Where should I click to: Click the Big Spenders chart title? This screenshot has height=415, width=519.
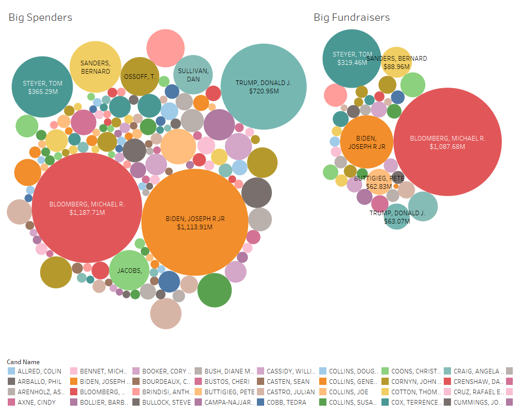pos(40,18)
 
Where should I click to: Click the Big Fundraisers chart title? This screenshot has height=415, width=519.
pos(351,18)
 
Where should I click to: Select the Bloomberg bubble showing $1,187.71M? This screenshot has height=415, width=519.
pos(87,208)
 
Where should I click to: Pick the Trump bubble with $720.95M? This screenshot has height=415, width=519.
pos(263,86)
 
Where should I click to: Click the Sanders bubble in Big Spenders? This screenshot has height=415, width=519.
pos(95,67)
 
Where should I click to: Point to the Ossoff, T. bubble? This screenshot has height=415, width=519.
pos(139,77)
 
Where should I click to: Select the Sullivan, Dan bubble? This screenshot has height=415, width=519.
pos(193,75)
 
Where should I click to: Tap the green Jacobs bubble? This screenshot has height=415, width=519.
pos(129,270)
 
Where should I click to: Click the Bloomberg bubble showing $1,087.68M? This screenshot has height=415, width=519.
pos(447,142)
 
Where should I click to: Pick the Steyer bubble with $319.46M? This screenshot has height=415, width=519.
pos(352,58)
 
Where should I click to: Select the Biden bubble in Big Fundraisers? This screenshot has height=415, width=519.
pos(366,142)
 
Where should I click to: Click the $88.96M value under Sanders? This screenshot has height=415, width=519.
pos(397,66)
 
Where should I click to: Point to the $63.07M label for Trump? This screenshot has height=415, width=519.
pos(397,221)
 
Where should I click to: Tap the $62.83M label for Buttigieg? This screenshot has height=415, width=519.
pos(379,186)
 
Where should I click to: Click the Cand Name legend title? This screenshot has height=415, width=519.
pos(23,362)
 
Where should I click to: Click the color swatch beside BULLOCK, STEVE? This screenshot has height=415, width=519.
pos(136,402)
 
